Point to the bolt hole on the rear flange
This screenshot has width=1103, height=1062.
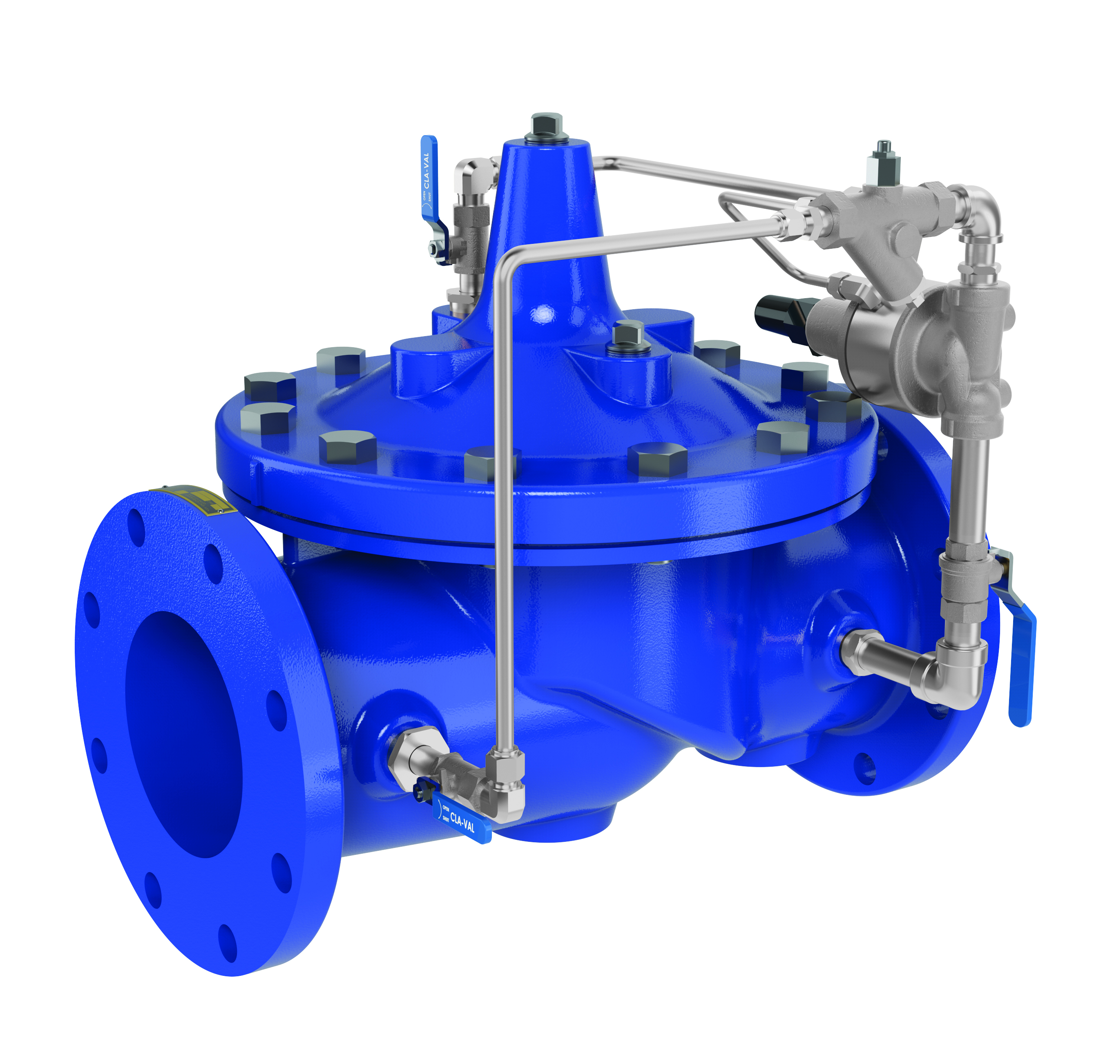pyautogui.click(x=865, y=767)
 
